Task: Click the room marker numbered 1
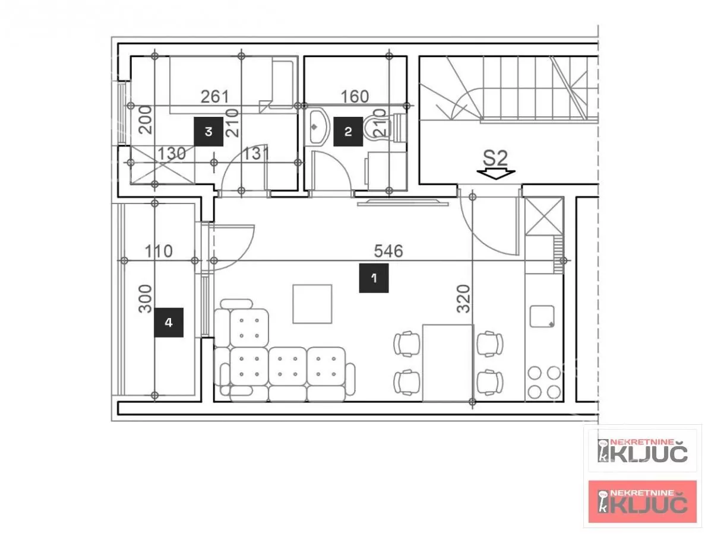click(374, 278)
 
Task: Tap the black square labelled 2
click(348, 132)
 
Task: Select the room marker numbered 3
click(208, 132)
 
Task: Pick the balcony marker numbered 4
click(169, 322)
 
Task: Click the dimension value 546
click(388, 251)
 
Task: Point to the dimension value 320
click(463, 298)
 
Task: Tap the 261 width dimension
click(215, 97)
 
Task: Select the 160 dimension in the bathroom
click(355, 97)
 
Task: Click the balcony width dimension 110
click(159, 251)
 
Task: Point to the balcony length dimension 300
click(145, 298)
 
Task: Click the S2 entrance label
click(495, 158)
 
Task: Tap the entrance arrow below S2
click(496, 174)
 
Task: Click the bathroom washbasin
click(317, 127)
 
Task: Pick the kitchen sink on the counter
click(542, 316)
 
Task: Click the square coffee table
click(312, 304)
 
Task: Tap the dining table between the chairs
click(448, 363)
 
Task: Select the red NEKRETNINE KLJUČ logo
click(643, 501)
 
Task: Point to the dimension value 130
click(172, 154)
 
